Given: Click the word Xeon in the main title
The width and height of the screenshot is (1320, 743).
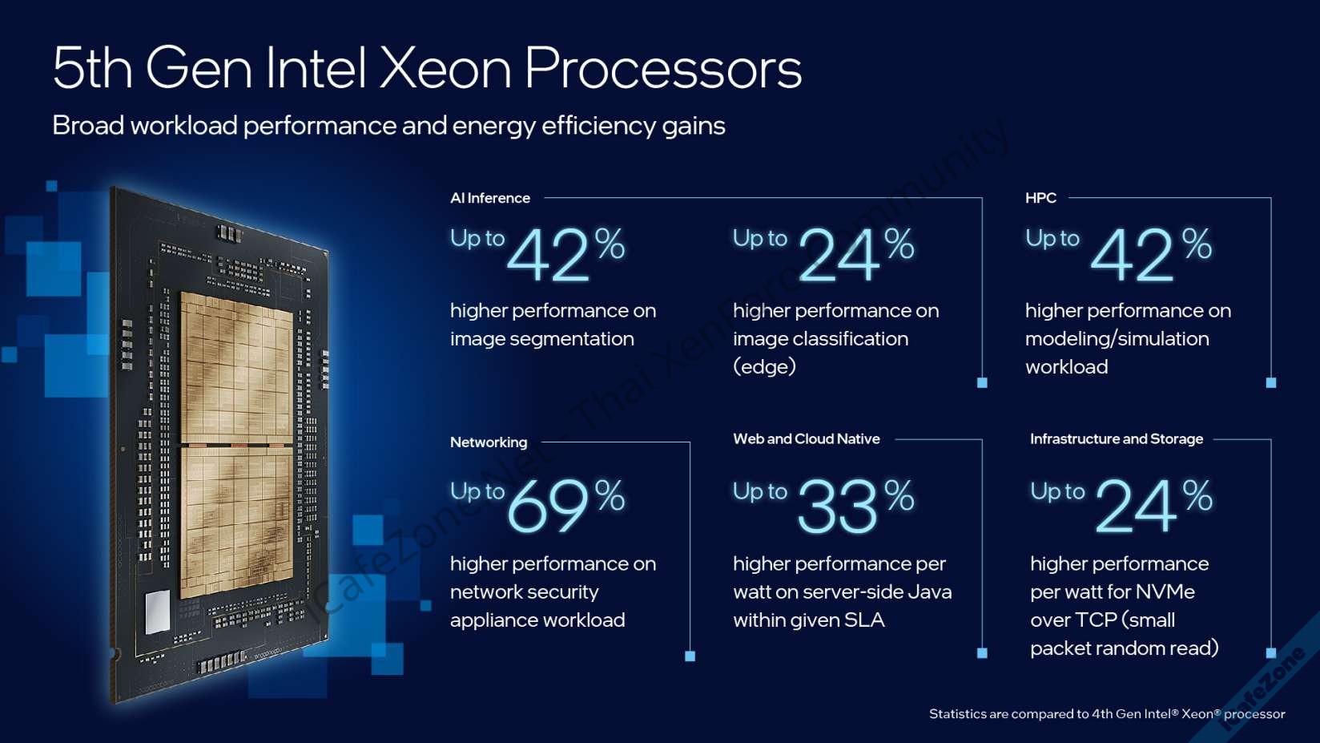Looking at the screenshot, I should coord(445,69).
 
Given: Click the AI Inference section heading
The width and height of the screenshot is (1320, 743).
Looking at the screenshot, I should coord(490,198).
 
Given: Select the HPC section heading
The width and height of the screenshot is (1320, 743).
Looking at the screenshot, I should coord(1040,198).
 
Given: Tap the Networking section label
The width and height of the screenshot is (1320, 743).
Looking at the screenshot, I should coord(489,442).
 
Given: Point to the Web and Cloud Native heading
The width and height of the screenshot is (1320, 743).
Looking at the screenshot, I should coord(806,439).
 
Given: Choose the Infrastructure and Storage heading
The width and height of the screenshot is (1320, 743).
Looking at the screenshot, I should coord(1116,439).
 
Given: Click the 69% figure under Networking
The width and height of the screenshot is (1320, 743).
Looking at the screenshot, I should coord(565,505).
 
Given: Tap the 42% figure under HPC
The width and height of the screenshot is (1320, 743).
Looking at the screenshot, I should coord(1150,254).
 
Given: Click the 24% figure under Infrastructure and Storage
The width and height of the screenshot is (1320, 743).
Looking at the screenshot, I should coord(1153,505).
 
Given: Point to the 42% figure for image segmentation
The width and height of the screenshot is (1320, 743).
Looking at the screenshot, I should coord(565,254).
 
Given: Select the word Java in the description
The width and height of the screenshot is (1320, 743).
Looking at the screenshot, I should coord(929,592).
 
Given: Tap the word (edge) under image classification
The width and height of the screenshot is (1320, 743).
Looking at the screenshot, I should coord(764,367).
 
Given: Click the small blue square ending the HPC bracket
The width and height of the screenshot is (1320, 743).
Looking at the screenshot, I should coord(1270,383).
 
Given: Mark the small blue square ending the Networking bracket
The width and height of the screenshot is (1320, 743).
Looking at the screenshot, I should coord(690,656).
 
